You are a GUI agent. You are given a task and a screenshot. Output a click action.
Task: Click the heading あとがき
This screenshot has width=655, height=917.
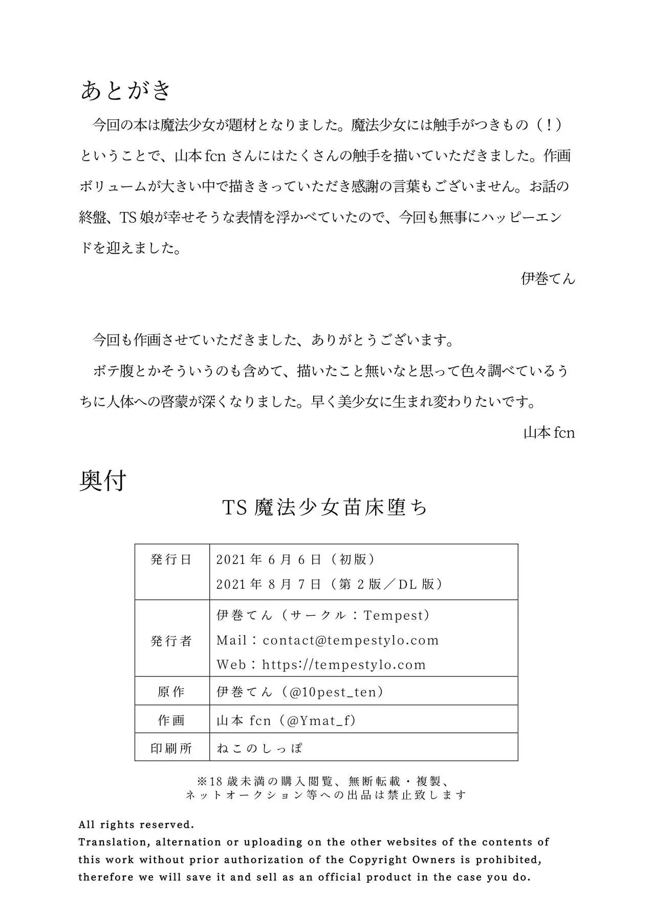point(125,91)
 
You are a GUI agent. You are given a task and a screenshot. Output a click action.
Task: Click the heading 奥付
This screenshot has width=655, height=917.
point(103,481)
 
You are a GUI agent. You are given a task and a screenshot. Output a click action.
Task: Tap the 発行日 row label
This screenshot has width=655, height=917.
point(171,560)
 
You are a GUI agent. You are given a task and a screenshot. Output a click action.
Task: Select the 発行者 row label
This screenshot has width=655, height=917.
point(171,641)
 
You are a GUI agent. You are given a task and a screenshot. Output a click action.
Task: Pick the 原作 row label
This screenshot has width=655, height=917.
point(171,692)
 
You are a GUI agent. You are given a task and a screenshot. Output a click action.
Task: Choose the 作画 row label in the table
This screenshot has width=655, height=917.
point(171,720)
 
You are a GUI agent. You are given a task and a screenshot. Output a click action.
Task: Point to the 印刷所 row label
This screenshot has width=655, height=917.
point(171,749)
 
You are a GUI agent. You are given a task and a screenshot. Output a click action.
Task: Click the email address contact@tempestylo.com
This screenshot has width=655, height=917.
point(351,640)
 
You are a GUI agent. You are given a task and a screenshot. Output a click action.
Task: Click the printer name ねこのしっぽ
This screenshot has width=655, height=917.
point(259,749)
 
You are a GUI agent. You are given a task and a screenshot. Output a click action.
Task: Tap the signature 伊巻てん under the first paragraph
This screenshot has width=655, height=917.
point(548,279)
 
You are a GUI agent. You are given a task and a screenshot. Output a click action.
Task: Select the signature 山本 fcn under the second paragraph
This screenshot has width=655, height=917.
point(549,433)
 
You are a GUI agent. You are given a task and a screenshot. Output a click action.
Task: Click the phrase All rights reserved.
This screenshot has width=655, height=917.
point(136,825)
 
